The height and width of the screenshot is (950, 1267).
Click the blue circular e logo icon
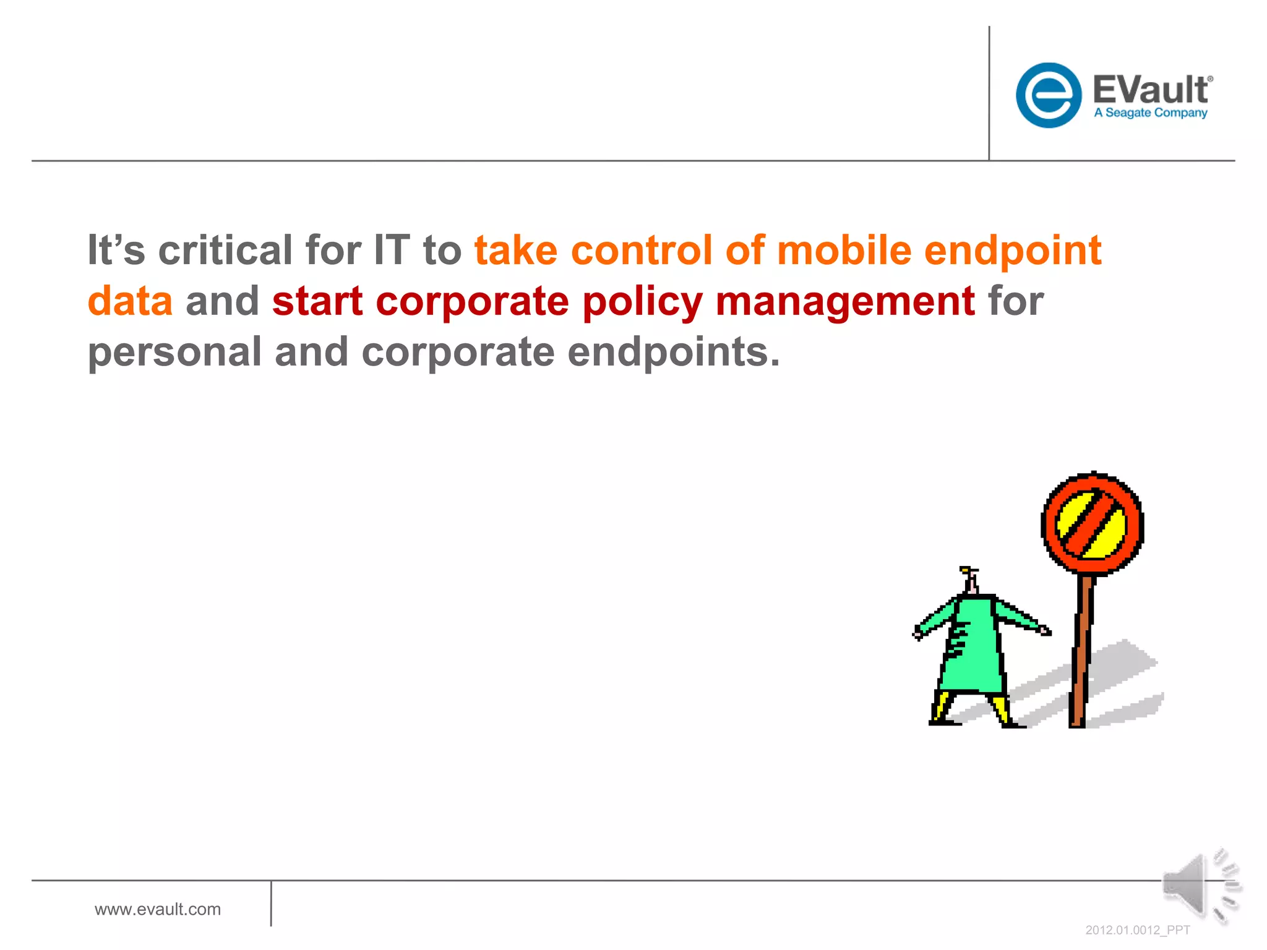1048,95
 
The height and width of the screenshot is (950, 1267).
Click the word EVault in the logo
1149,90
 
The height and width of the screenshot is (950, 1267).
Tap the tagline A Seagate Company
1150,113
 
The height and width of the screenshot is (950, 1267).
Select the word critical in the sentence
225,250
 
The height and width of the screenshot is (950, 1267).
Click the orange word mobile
844,250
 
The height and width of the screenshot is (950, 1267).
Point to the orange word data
130,301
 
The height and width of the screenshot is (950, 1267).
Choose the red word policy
642,302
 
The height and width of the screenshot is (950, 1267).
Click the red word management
845,302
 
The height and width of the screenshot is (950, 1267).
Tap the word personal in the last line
174,353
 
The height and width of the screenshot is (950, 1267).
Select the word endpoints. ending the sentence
674,353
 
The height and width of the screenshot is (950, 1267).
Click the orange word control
641,250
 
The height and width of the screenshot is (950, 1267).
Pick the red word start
317,301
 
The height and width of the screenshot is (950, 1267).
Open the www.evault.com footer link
158,909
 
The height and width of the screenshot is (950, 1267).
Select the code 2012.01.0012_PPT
1137,930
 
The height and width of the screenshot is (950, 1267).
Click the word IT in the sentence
392,250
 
